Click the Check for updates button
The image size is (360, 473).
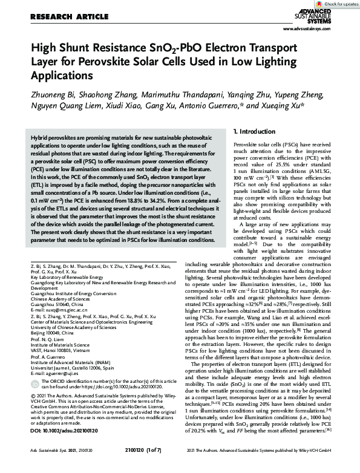(x=336, y=4)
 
